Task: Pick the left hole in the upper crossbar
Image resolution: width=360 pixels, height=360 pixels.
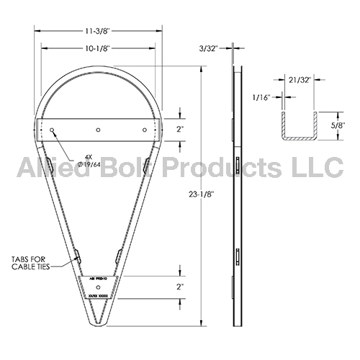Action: [53, 130]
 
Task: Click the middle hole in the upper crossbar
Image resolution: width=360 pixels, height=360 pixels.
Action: [99, 130]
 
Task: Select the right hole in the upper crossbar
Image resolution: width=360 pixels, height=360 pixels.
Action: [145, 130]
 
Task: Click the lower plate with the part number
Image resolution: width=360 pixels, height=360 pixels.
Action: [98, 286]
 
